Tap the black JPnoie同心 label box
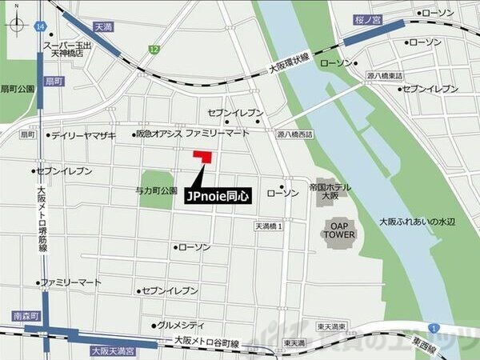click(x=218, y=194)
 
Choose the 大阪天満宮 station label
click(x=113, y=350)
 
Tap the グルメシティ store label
click(x=180, y=326)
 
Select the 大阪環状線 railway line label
click(x=289, y=58)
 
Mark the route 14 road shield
click(x=39, y=26)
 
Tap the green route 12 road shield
click(x=149, y=50)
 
